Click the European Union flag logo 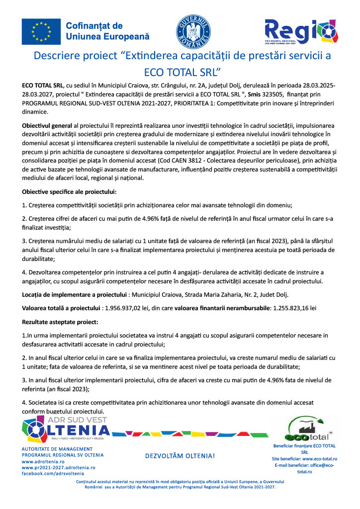tap(41, 31)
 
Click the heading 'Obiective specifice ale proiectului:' tap(69, 191)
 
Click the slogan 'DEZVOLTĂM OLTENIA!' tap(180, 456)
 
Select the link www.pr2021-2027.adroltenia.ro tap(58, 467)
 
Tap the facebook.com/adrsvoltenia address tap(53, 474)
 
